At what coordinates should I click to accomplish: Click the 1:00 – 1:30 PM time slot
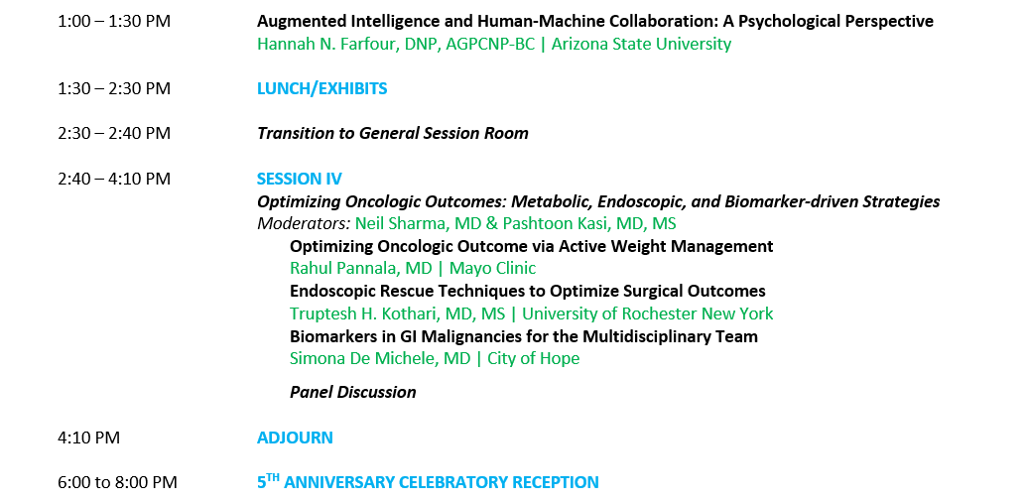point(114,22)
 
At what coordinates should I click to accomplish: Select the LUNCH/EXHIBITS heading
point(321,88)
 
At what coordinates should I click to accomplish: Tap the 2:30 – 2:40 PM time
point(114,133)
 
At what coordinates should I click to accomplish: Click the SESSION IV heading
point(300,179)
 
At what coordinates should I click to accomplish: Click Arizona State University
point(641,44)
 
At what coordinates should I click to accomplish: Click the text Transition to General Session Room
point(392,133)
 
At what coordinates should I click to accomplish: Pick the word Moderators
point(304,223)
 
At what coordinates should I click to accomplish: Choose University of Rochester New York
point(647,313)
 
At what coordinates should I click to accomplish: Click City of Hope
point(533,358)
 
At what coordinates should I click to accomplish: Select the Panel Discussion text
point(352,392)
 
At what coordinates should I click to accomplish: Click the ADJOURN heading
point(295,438)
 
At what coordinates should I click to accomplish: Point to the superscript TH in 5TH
point(273,477)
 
